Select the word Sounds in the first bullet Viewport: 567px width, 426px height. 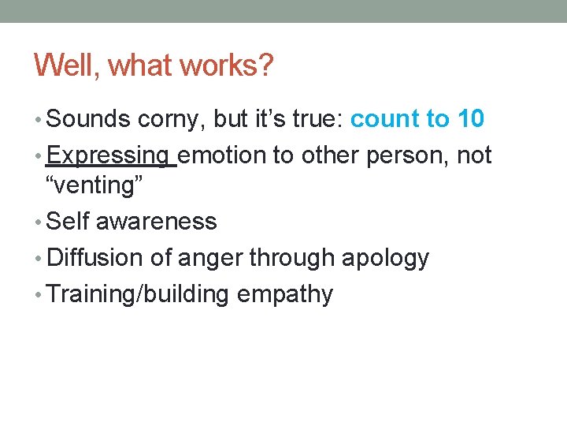tap(88, 119)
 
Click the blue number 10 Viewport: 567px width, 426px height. tap(470, 119)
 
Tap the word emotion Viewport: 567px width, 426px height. tap(224, 155)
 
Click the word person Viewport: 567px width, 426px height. tap(408, 155)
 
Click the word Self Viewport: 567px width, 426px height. tap(68, 222)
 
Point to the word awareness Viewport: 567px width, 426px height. tap(156, 222)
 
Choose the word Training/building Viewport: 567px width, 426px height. tap(138, 294)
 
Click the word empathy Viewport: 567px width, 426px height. tap(284, 295)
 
